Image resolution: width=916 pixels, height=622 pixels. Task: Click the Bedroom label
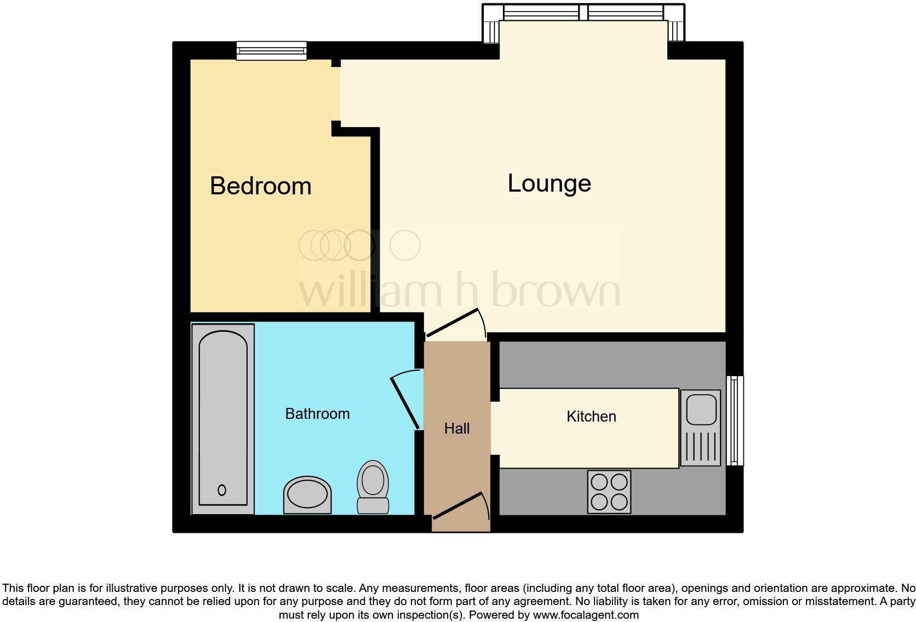[260, 186]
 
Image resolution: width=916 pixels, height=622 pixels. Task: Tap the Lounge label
[549, 183]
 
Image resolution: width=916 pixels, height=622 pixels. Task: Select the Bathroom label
[317, 414]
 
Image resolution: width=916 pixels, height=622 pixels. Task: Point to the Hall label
[457, 429]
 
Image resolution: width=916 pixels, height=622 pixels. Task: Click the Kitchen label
[591, 417]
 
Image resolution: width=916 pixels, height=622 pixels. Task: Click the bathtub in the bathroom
[222, 419]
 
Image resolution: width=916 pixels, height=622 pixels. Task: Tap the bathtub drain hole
[222, 490]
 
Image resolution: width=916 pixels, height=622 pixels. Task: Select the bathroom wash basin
[307, 494]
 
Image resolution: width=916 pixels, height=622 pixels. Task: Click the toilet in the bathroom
[373, 486]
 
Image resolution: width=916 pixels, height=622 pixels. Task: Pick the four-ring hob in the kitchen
[609, 492]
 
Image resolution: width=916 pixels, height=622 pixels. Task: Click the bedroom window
[271, 51]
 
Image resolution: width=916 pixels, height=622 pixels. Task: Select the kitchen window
[735, 420]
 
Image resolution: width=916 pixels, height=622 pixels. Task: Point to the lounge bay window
[583, 12]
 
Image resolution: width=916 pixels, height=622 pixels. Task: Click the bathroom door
[406, 402]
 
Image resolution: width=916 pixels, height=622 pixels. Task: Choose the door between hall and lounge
[455, 323]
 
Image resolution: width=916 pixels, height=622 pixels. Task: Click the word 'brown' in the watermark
[556, 291]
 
